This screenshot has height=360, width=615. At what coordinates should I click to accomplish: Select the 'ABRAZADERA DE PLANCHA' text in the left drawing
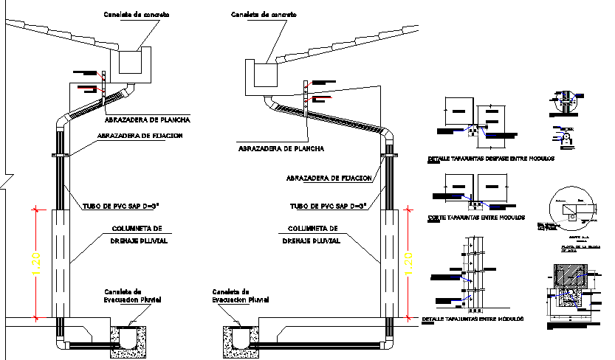[x=148, y=120]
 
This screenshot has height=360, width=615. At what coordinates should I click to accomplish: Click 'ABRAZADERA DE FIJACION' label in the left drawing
[x=140, y=136]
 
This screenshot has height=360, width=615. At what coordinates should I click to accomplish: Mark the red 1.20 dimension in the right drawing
[x=405, y=263]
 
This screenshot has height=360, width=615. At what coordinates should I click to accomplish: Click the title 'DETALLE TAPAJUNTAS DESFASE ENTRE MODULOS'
[x=490, y=159]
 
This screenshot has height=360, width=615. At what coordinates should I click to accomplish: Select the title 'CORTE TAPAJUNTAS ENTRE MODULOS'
[x=476, y=218]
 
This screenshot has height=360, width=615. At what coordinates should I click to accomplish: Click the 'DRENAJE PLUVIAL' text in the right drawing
[x=314, y=240]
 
